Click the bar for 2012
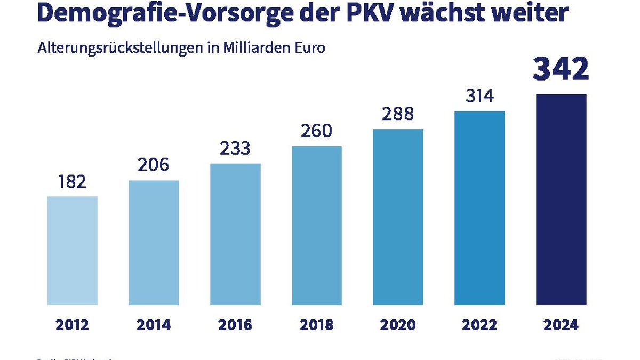tap(72, 251)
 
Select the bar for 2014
tap(154, 243)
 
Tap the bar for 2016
tap(235, 234)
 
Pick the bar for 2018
tap(317, 226)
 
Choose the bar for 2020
tap(398, 217)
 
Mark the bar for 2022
tap(479, 208)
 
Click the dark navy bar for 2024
tap(561, 199)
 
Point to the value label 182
tap(72, 182)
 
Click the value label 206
tap(154, 165)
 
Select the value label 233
tap(235, 148)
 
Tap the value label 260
tap(317, 131)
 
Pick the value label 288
tap(398, 114)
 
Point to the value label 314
tap(479, 97)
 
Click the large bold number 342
tap(561, 70)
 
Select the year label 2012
tap(72, 325)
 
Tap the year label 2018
tap(317, 325)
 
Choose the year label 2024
tap(561, 325)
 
